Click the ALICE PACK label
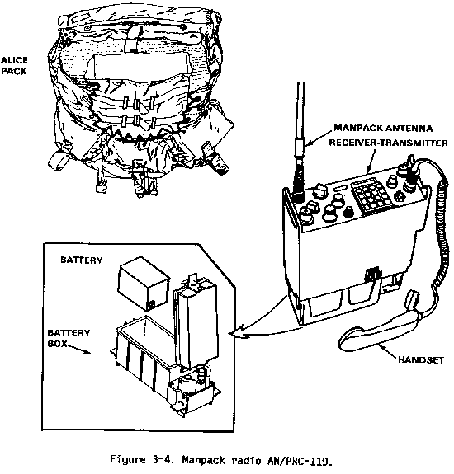pyautogui.click(x=14, y=66)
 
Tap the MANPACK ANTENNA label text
pyautogui.click(x=383, y=128)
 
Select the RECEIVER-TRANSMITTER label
pyautogui.click(x=388, y=143)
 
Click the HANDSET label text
pyautogui.click(x=421, y=359)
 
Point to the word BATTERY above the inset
pyautogui.click(x=82, y=260)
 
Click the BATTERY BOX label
pyautogui.click(x=69, y=338)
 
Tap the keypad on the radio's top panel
pyautogui.click(x=371, y=195)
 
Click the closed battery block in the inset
pyautogui.click(x=143, y=284)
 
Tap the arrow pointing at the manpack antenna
pyautogui.click(x=319, y=138)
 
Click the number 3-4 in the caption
pyautogui.click(x=163, y=460)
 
